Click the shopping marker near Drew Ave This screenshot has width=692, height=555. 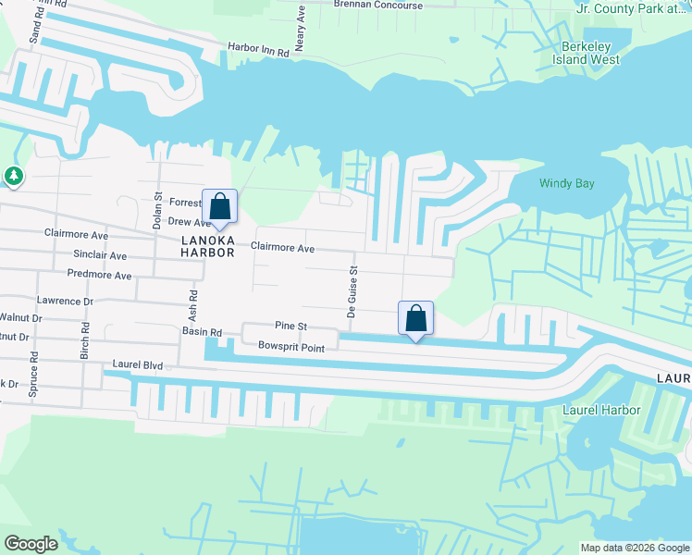tap(220, 206)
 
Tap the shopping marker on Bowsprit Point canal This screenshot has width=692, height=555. tap(416, 318)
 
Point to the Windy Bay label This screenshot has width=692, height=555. tap(566, 183)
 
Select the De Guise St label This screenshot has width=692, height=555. tap(352, 292)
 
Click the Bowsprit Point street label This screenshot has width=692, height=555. tap(290, 348)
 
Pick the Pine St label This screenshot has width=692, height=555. tap(290, 327)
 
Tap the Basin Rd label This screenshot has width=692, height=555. tap(202, 332)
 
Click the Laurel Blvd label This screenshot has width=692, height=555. tap(137, 366)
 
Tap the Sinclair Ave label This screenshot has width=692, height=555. tap(100, 254)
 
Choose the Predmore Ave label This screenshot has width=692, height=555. tap(99, 275)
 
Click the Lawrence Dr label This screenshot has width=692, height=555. tap(65, 301)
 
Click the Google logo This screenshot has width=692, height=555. tap(31, 544)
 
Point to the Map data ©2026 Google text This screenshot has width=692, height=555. tap(634, 548)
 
